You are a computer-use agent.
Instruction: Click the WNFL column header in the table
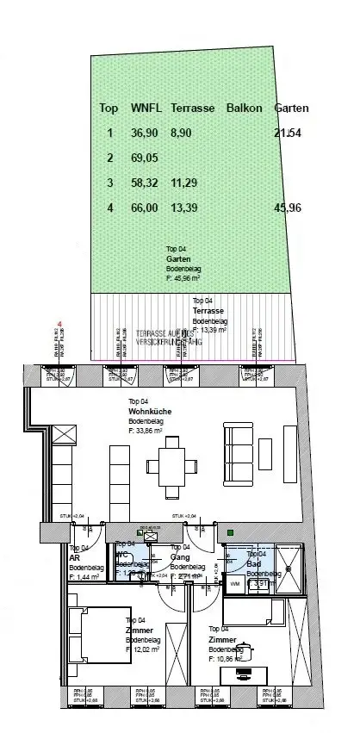coord(145,109)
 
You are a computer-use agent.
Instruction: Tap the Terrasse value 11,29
coord(185,183)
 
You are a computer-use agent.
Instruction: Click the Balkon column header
coord(244,109)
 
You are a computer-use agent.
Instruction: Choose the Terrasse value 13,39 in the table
coord(185,208)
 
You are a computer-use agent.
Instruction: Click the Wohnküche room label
coord(148,411)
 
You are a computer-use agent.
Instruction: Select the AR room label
coord(74,557)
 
